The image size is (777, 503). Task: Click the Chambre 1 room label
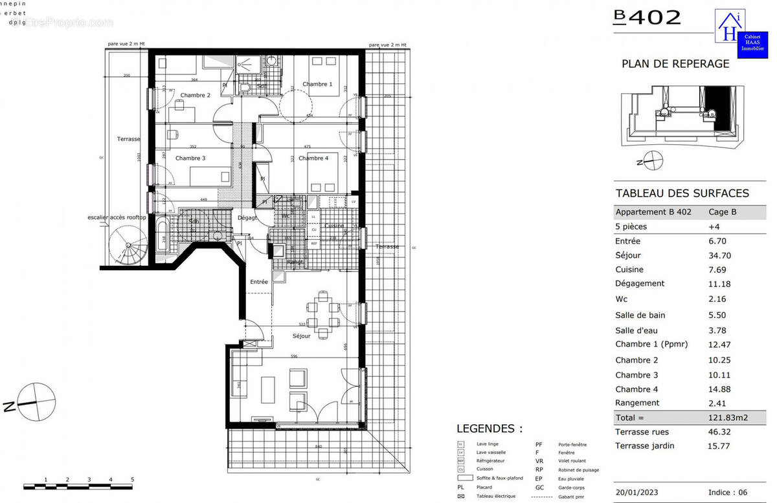(x=317, y=84)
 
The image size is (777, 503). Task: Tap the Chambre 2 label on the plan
(x=195, y=95)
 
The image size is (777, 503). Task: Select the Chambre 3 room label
(x=190, y=158)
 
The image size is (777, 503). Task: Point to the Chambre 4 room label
(x=313, y=158)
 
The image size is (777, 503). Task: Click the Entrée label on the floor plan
(x=259, y=282)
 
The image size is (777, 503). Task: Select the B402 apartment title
(x=647, y=17)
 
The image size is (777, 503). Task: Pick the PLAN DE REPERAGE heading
(x=675, y=64)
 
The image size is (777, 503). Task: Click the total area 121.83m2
(x=728, y=418)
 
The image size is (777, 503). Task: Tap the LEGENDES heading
(x=489, y=429)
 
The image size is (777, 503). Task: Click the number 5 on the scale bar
(x=132, y=480)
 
